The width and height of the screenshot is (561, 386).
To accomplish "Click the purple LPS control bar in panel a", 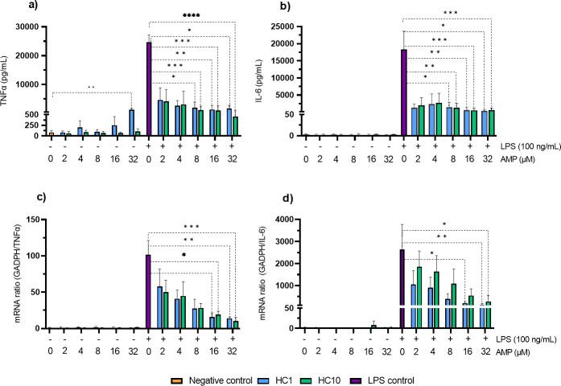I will tap(149, 88).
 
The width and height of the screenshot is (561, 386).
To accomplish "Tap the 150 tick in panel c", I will tap(37, 220).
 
